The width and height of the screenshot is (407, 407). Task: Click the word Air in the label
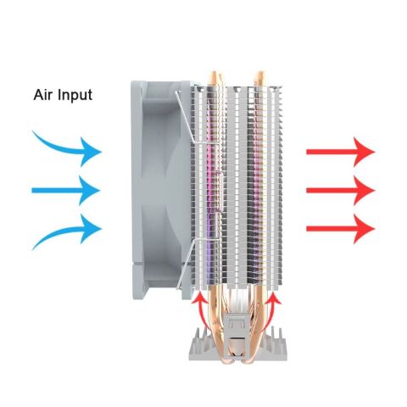pyautogui.click(x=43, y=95)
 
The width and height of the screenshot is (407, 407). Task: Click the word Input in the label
pyautogui.click(x=75, y=96)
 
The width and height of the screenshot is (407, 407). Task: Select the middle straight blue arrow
pyautogui.click(x=66, y=191)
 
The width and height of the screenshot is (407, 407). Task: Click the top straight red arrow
pyautogui.click(x=341, y=152)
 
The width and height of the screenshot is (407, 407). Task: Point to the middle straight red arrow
pyautogui.click(x=341, y=191)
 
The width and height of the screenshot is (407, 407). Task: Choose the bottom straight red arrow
pyautogui.click(x=341, y=229)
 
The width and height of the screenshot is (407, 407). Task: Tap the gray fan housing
pyautogui.click(x=161, y=190)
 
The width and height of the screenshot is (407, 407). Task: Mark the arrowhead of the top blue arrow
pyautogui.click(x=90, y=152)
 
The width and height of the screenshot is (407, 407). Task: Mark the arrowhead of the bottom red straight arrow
pyautogui.click(x=365, y=229)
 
